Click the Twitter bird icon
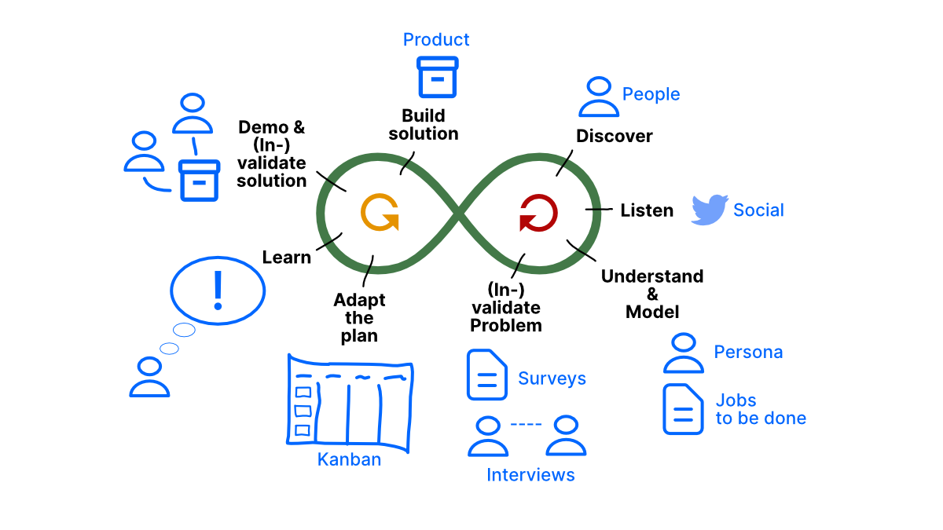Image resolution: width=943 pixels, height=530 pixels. pos(710,210)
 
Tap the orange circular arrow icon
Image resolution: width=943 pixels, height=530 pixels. pos(380,213)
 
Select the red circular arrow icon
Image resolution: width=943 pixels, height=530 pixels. pos(538,213)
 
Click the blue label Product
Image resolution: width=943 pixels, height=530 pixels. pos(436,39)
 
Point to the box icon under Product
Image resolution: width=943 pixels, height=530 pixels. pos(437,76)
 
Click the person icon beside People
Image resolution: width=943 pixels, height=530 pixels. pos(599,97)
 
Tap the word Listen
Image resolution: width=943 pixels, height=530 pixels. pos(647,210)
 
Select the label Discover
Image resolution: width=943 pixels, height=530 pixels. pos(615,136)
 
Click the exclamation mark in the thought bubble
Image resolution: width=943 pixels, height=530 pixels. pos(218,290)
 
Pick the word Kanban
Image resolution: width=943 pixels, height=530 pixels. pos(349,460)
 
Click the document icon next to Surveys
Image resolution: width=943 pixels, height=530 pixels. pos(486,375)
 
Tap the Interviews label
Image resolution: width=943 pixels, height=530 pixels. pos(530,475)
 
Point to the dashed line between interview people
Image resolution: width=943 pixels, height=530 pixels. pos(526,425)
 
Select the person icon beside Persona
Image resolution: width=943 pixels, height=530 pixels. pos(684,353)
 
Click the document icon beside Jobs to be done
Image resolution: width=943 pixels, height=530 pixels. pos(683,409)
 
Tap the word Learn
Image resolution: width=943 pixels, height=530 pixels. pos(286,258)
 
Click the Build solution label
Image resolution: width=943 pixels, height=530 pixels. pos(424,125)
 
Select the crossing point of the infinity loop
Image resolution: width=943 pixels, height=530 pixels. pos(459,213)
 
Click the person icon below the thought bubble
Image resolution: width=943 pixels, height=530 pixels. pos(149,376)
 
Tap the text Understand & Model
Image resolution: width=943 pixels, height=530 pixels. pos(652,294)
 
